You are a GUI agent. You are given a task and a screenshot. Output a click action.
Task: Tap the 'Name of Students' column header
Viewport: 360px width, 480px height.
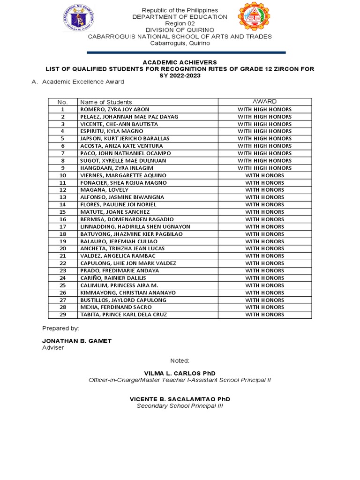pyautogui.click(x=106, y=102)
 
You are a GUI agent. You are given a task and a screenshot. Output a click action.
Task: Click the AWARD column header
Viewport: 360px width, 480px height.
pyautogui.click(x=264, y=102)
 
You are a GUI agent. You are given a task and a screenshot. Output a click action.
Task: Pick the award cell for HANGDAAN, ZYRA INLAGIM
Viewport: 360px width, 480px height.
pyautogui.click(x=264, y=168)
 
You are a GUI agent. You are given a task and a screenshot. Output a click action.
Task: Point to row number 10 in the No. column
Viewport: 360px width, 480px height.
pyautogui.click(x=62, y=175)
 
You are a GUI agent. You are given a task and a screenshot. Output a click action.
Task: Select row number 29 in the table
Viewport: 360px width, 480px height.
pyautogui.click(x=62, y=315)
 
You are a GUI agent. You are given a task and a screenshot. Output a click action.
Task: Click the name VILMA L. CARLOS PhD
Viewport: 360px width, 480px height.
pyautogui.click(x=180, y=372)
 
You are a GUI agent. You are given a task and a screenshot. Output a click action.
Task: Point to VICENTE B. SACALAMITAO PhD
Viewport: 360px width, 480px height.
pyautogui.click(x=180, y=399)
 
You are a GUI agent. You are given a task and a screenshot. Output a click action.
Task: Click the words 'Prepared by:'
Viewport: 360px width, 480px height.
pyautogui.click(x=60, y=329)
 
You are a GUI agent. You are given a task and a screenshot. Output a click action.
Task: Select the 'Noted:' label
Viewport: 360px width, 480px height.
pyautogui.click(x=180, y=360)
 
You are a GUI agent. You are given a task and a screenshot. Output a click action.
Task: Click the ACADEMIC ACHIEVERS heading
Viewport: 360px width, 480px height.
pyautogui.click(x=180, y=62)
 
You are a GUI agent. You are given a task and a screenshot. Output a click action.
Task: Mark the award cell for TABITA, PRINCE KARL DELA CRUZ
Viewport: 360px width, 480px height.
pyautogui.click(x=264, y=315)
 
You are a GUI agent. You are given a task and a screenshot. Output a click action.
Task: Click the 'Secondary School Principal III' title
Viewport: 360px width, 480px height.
pyautogui.click(x=180, y=406)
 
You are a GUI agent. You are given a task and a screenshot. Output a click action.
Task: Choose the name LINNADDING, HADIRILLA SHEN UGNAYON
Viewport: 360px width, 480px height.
pyautogui.click(x=135, y=226)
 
